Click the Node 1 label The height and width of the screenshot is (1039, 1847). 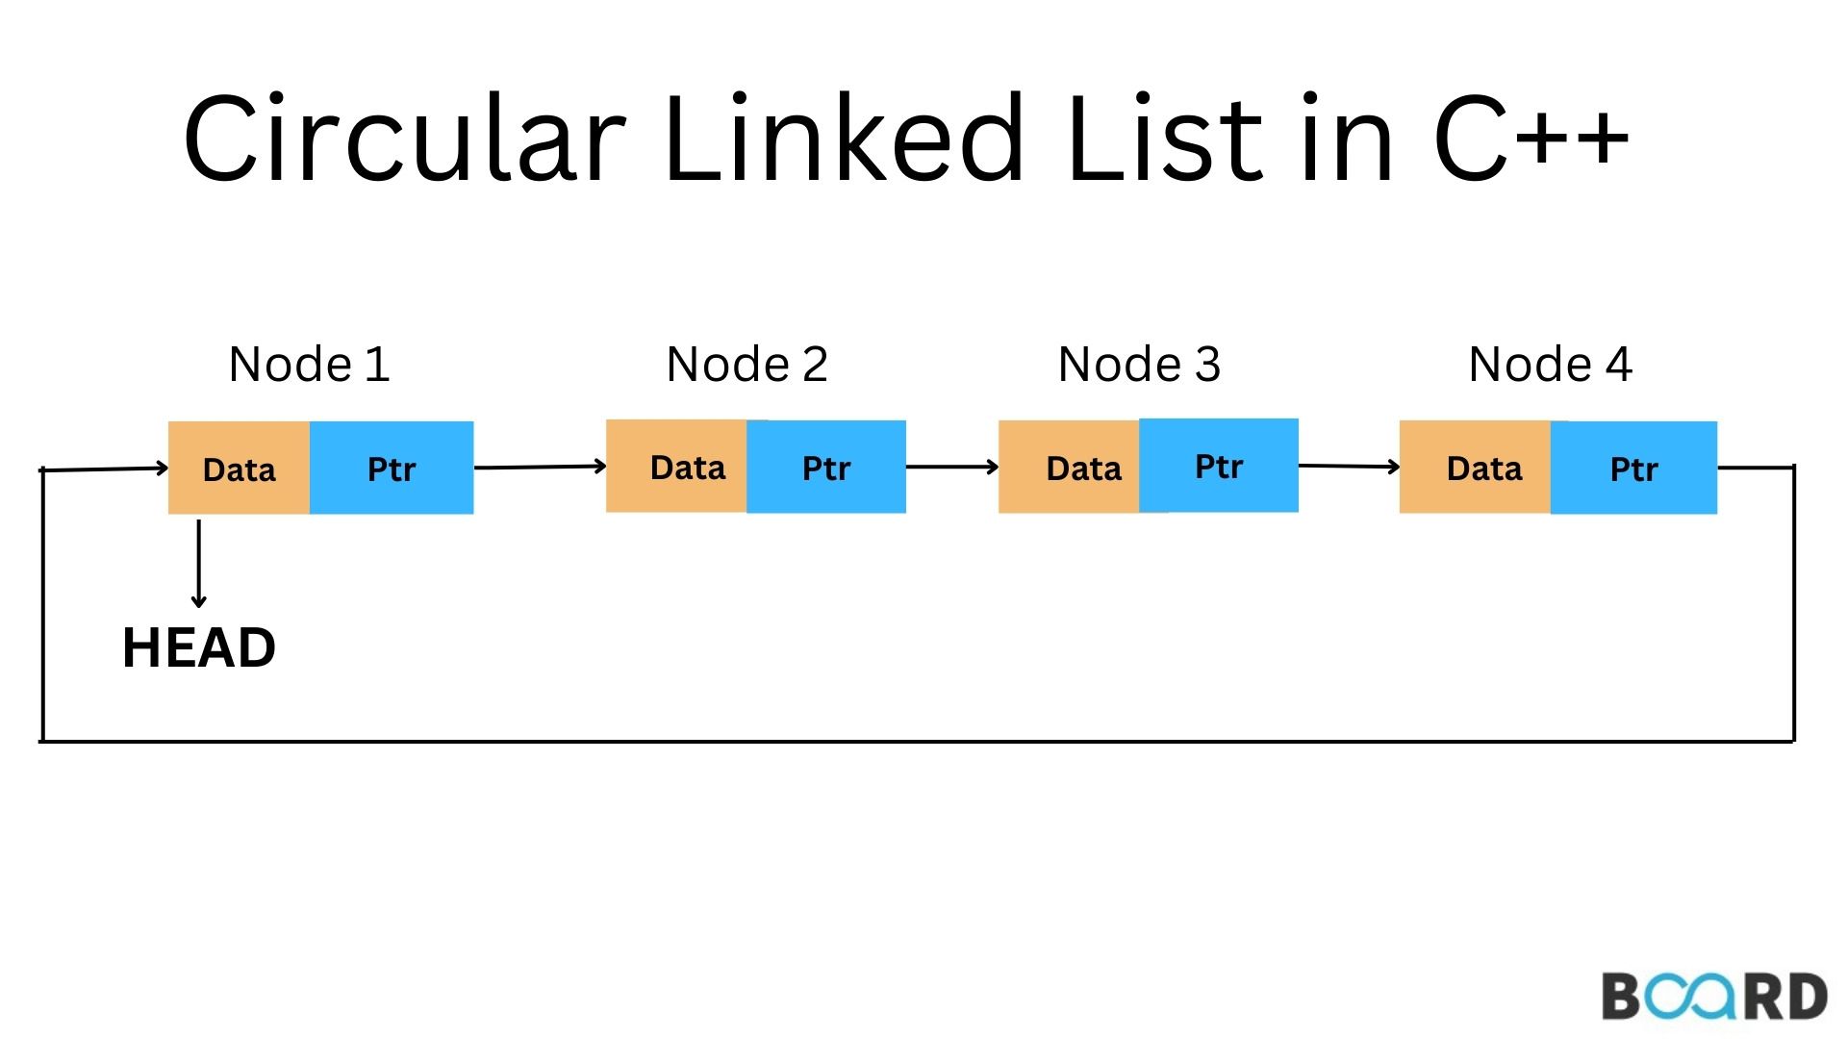click(x=309, y=365)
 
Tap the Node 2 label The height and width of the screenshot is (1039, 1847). click(x=746, y=365)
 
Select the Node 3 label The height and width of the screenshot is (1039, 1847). click(x=1139, y=365)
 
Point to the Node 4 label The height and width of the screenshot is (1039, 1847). click(x=1550, y=365)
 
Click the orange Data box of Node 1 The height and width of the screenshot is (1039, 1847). click(x=239, y=469)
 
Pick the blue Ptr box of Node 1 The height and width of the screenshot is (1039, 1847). click(x=392, y=469)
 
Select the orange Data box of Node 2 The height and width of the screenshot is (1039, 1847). click(x=676, y=467)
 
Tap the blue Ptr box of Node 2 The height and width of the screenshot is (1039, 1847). click(x=826, y=468)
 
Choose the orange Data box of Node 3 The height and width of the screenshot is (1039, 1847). click(x=1069, y=468)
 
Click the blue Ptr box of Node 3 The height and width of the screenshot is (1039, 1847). click(x=1219, y=466)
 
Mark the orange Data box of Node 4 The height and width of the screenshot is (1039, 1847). click(x=1475, y=468)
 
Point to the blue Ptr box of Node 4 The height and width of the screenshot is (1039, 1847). click(x=1633, y=469)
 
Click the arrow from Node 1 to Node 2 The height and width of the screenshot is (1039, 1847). click(x=540, y=468)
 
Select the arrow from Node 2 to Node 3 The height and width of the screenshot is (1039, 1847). click(x=952, y=468)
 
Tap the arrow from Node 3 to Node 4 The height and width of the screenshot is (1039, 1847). click(x=1349, y=467)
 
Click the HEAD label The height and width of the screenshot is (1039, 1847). click(x=199, y=647)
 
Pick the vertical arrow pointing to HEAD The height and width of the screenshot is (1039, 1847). click(x=199, y=564)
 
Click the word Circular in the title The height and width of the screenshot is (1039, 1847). click(x=404, y=138)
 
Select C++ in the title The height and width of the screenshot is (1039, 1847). click(x=1531, y=138)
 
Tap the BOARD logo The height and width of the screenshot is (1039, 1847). click(x=1713, y=997)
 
